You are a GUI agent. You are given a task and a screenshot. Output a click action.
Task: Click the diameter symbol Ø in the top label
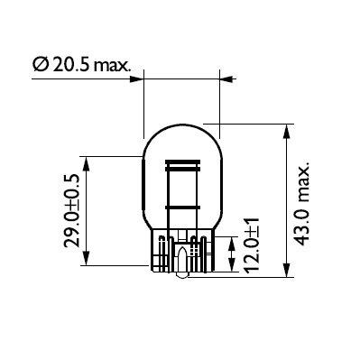tap(40, 66)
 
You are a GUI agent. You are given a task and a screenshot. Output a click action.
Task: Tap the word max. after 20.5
tap(113, 66)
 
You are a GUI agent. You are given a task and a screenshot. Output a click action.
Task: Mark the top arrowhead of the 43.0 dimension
tap(286, 130)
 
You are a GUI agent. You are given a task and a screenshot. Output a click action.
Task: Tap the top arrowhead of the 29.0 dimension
tap(87, 160)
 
